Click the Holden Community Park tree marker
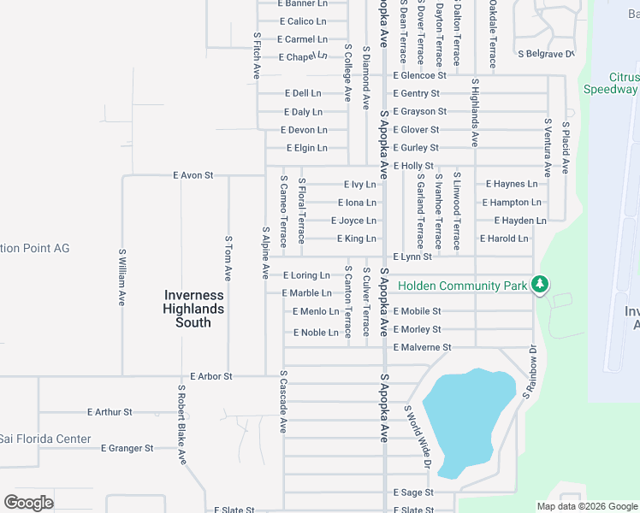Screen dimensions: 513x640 [x=539, y=284]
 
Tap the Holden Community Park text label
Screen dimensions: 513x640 [x=462, y=284]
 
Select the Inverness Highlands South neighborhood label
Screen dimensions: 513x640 [x=194, y=309]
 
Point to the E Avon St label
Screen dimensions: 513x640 [x=193, y=175]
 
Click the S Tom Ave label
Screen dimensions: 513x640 [x=228, y=258]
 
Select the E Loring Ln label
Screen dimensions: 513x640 [x=305, y=275]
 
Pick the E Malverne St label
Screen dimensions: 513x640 [x=422, y=347]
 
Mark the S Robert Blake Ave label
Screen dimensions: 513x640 [x=181, y=425]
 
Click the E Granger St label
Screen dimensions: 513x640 [x=127, y=448]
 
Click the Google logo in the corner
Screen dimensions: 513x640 [x=28, y=503]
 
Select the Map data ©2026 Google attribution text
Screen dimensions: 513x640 [x=586, y=506]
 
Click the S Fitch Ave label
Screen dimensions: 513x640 [x=256, y=56]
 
